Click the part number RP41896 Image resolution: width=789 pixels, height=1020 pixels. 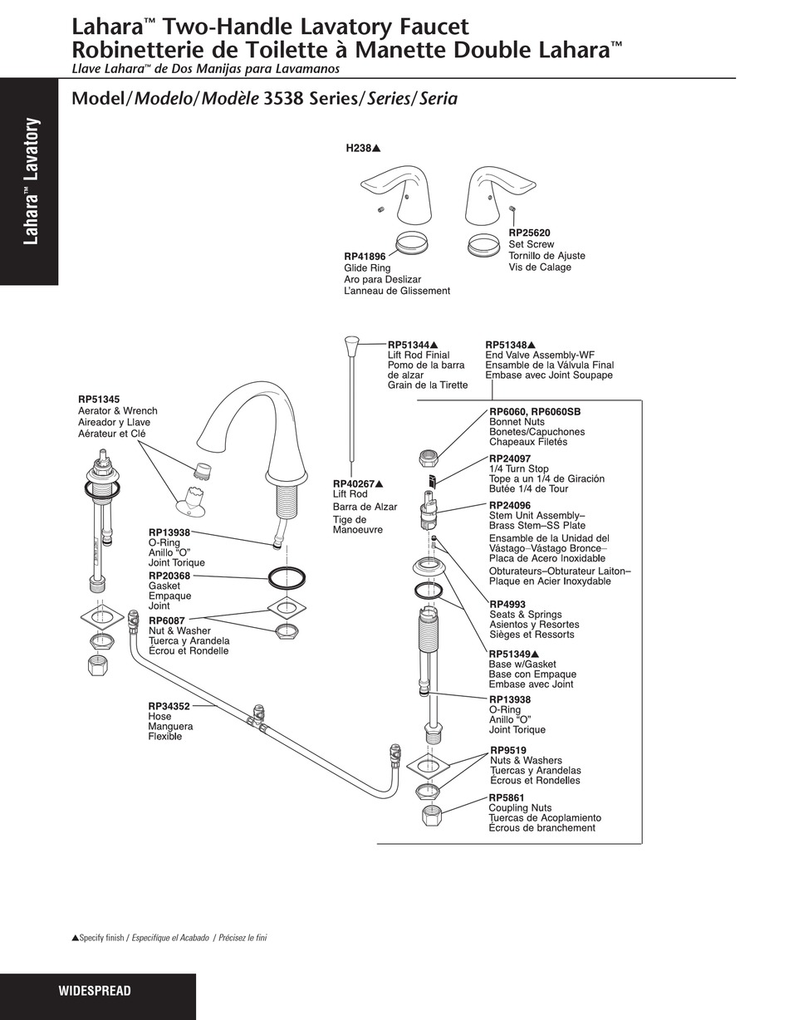click(x=365, y=257)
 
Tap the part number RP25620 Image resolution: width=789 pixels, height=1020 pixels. click(x=529, y=233)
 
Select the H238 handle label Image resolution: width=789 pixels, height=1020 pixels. click(x=359, y=149)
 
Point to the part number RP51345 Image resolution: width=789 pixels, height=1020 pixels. click(x=99, y=399)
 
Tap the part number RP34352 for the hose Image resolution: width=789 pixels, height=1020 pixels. click(x=169, y=706)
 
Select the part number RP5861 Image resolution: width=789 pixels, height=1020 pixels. click(x=507, y=797)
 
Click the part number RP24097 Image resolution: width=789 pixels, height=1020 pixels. click(x=510, y=459)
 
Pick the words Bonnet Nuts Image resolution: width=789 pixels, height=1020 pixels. click(x=517, y=421)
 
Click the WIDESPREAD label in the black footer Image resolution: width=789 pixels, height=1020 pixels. click(x=95, y=990)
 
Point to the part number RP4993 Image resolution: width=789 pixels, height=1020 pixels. click(x=507, y=604)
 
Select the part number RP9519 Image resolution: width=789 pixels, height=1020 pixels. click(x=508, y=750)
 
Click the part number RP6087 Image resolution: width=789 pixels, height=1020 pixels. click(x=167, y=620)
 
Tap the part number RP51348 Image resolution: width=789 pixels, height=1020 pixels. click(x=507, y=345)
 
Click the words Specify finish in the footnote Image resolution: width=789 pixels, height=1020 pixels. click(x=101, y=938)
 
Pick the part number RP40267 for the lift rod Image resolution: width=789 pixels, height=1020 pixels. click(x=354, y=483)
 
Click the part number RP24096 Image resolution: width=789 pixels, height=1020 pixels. click(x=510, y=505)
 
